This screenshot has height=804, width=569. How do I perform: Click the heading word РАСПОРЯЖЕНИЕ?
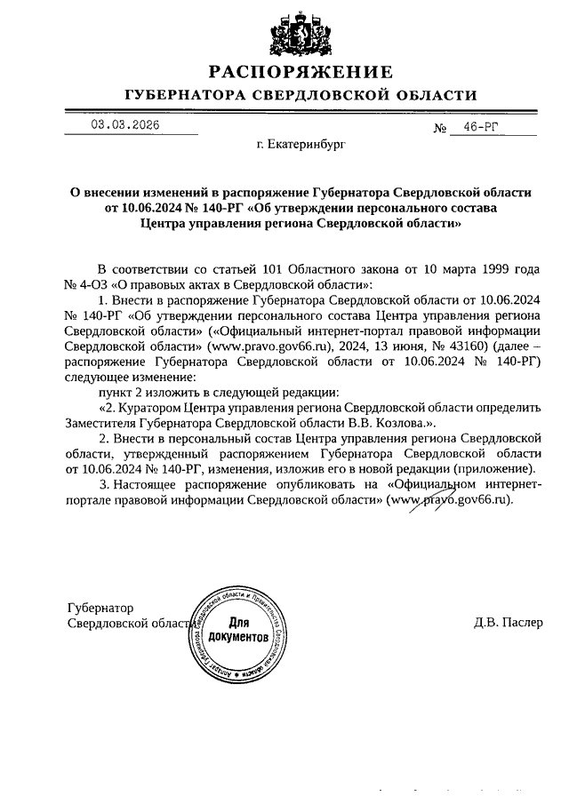[301, 71]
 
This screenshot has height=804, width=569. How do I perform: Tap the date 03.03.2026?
[124, 125]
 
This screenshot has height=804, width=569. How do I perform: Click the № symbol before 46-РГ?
[439, 129]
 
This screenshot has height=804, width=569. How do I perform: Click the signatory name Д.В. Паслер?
[508, 623]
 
